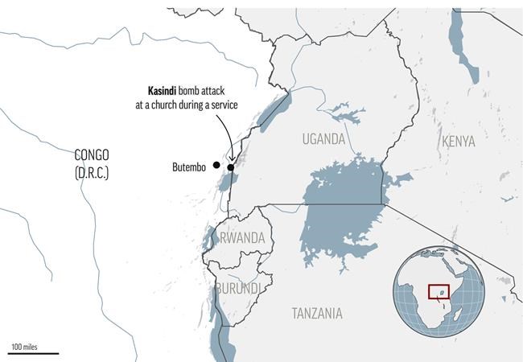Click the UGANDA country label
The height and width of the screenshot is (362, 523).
click(323, 139)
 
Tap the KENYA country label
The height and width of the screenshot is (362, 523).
click(458, 142)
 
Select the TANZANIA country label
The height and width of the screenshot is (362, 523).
click(316, 313)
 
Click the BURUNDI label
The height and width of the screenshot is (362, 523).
click(237, 288)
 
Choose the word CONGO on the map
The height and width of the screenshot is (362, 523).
click(90, 154)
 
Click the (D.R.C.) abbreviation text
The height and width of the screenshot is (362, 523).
click(90, 172)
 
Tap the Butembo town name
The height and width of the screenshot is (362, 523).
click(191, 167)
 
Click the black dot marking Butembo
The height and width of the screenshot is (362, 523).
click(216, 164)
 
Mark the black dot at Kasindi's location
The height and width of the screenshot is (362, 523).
click(231, 167)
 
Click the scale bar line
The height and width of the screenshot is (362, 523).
click(33, 352)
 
